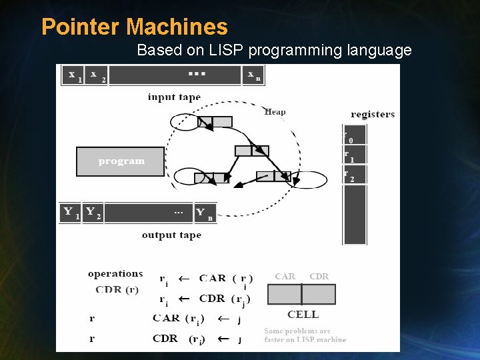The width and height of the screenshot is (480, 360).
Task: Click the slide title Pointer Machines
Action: click(134, 27)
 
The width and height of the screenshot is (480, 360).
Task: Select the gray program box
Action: click(121, 161)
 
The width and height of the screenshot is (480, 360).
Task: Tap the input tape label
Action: click(174, 97)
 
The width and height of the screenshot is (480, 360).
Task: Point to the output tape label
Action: click(171, 235)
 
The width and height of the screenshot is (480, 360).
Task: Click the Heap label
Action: click(275, 112)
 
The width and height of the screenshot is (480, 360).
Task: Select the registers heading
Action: click(372, 114)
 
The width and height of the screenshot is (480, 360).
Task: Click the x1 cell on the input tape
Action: click(73, 75)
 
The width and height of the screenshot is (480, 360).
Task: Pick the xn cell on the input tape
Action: click(253, 75)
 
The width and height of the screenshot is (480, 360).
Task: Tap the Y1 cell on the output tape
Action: click(70, 213)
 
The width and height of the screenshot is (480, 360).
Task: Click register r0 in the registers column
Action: click(354, 136)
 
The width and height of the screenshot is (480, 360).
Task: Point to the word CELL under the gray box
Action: click(303, 315)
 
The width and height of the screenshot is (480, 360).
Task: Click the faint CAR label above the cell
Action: click(285, 276)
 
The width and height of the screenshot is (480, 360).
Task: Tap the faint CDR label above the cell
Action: click(319, 276)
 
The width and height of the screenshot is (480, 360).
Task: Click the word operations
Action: click(115, 273)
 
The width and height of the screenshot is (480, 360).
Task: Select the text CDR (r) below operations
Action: click(117, 289)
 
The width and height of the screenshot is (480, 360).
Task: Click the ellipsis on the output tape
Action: click(179, 212)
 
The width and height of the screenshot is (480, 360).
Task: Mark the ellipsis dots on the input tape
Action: click(196, 73)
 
